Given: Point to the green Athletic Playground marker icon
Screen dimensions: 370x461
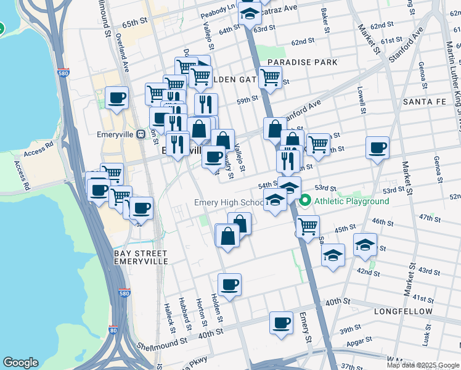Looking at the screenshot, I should click(x=305, y=201).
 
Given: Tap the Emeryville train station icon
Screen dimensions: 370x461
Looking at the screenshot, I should click(x=141, y=133).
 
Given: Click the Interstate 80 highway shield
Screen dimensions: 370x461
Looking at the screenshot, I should click(x=113, y=330).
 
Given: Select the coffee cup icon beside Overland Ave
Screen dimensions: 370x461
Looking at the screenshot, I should click(x=116, y=97).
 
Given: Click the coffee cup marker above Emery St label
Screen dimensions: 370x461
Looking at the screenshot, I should click(x=282, y=323).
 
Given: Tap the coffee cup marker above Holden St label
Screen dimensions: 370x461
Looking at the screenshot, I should click(x=229, y=284).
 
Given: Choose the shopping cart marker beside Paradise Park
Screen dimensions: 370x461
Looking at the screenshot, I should click(x=270, y=78).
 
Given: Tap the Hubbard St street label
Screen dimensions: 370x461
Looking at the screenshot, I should click(x=185, y=312).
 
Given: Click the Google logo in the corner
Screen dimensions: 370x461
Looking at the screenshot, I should click(x=20, y=363).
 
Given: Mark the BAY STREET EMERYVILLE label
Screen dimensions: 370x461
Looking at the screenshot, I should click(x=141, y=257).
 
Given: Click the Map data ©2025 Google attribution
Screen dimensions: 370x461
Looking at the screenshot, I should click(x=422, y=365).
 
